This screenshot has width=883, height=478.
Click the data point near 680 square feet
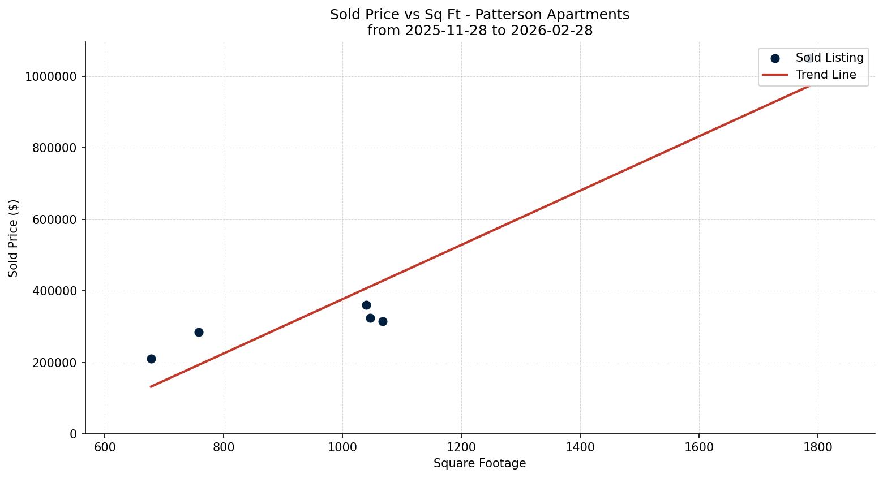(151, 359)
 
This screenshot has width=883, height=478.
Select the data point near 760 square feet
(199, 332)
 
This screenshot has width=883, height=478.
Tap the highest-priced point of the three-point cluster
(366, 305)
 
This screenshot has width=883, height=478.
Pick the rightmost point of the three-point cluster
(383, 321)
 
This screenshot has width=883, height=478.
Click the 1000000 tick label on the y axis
(51, 77)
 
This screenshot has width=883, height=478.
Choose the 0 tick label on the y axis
(73, 434)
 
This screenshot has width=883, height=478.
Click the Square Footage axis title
(479, 464)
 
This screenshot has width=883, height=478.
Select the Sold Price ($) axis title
(14, 238)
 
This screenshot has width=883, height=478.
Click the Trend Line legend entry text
(825, 75)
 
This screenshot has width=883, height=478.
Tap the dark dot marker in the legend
(775, 58)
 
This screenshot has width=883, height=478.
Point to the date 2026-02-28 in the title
(551, 31)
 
